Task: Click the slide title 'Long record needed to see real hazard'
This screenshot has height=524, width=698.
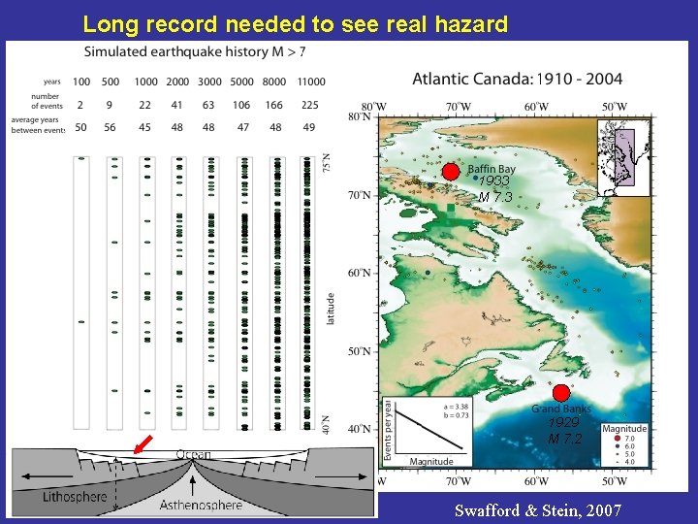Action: (295, 23)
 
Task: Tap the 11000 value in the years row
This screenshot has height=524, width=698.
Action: (311, 82)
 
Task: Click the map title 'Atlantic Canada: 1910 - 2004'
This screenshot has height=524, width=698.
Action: (517, 79)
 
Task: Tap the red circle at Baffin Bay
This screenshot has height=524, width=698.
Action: (450, 172)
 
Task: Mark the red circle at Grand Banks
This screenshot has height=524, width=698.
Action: (560, 392)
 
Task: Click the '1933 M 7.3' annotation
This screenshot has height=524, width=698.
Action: (494, 189)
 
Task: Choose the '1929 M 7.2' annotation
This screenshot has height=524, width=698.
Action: (564, 432)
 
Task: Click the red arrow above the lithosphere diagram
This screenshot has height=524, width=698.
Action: (143, 445)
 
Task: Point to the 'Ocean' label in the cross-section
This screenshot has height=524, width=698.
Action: (193, 454)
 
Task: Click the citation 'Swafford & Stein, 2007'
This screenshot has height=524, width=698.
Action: (538, 510)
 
